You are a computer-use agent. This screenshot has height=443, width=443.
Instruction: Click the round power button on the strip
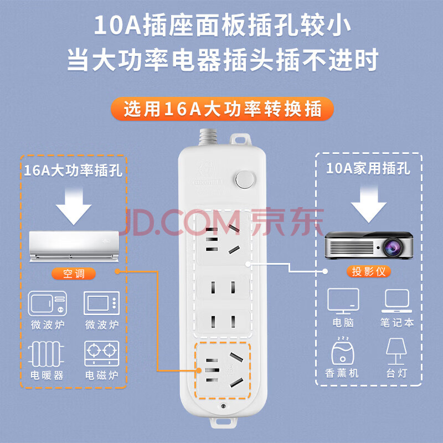pyautogui.click(x=245, y=179)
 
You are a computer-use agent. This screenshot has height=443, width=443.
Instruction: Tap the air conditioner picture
pyautogui.click(x=74, y=246)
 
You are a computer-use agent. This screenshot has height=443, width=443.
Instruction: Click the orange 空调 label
pyautogui.click(x=74, y=274)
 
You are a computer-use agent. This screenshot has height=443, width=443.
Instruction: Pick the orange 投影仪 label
pyautogui.click(x=368, y=271)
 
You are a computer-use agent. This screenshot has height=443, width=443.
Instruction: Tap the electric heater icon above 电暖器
pyautogui.click(x=46, y=353)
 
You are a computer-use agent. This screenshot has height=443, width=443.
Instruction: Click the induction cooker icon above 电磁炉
pyautogui.click(x=102, y=353)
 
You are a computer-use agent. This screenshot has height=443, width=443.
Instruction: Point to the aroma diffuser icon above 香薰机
pyautogui.click(x=342, y=351)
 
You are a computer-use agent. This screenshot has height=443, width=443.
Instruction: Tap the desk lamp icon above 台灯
pyautogui.click(x=396, y=352)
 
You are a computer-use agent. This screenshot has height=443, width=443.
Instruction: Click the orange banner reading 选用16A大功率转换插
pyautogui.click(x=222, y=109)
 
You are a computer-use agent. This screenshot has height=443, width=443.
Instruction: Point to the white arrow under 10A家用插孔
pyautogui.click(x=368, y=204)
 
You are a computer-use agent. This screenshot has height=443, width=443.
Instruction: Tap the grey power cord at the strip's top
pyautogui.click(x=208, y=137)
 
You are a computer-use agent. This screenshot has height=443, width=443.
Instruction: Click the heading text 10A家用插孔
pyautogui.click(x=368, y=168)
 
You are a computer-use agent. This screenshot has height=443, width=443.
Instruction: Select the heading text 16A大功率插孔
pyautogui.click(x=73, y=171)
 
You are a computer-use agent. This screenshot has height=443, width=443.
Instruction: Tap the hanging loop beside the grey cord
pyautogui.click(x=240, y=140)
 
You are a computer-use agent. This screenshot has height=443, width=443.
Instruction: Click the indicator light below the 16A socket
pyautogui.click(x=223, y=406)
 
